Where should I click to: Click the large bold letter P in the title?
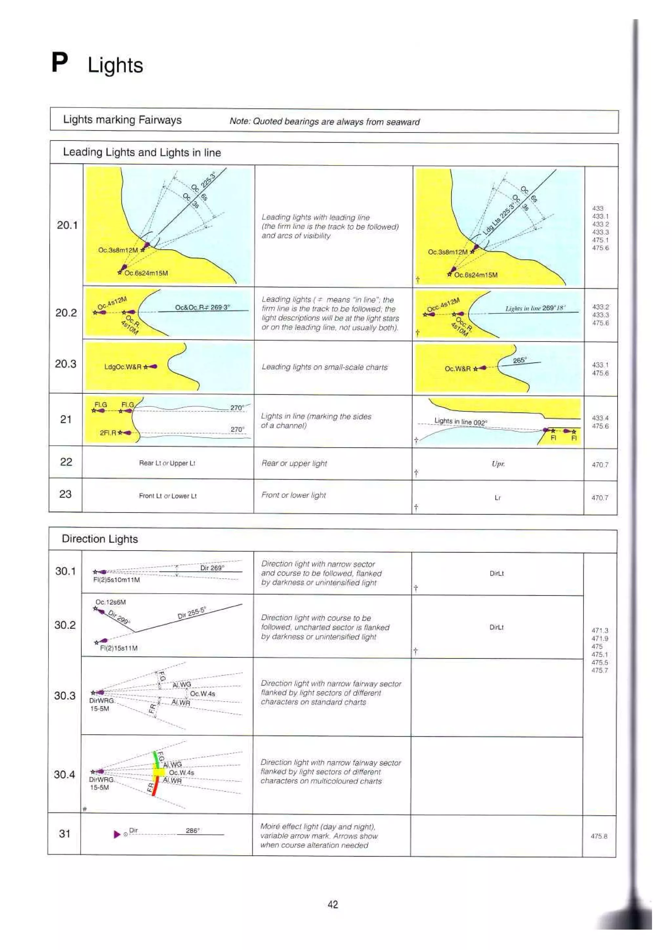[x=60, y=63]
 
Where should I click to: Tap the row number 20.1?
[x=67, y=225]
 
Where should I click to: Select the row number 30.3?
[x=65, y=696]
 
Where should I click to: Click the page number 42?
[x=333, y=904]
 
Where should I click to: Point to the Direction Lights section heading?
[x=100, y=539]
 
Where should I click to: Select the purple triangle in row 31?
[x=117, y=834]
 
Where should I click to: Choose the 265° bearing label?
[x=519, y=360]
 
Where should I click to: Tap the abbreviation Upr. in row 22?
[x=498, y=464]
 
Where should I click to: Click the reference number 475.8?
[x=599, y=836]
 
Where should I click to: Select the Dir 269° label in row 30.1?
[x=212, y=568]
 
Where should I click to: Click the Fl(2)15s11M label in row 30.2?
[x=119, y=648]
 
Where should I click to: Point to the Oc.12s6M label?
[x=111, y=602]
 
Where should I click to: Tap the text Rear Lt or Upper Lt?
[x=167, y=463]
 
